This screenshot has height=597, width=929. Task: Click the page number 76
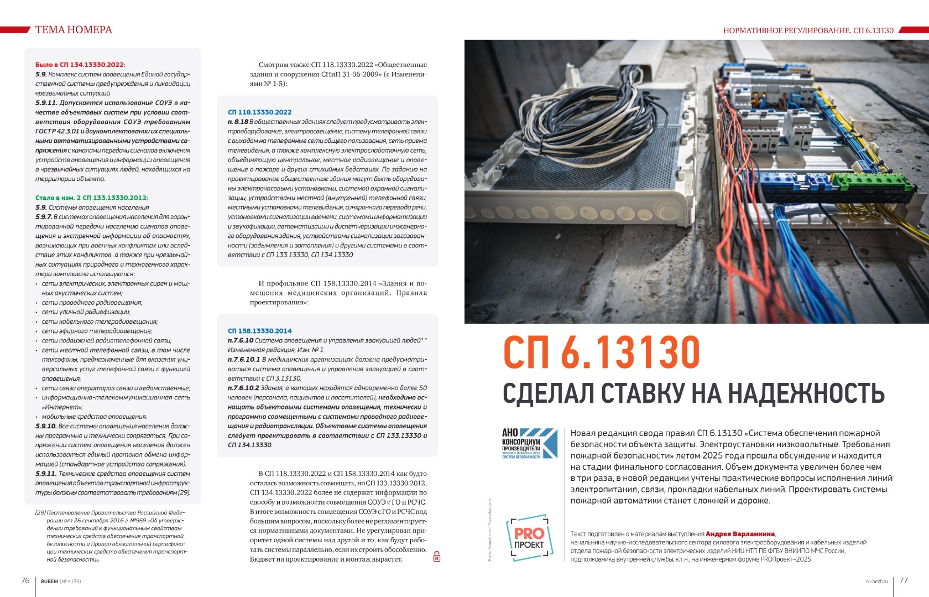pyautogui.click(x=25, y=580)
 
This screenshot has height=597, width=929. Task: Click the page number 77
pyautogui.click(x=904, y=580)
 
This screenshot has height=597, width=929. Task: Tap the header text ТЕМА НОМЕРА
pyautogui.click(x=74, y=30)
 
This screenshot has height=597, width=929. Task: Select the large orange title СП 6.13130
pyautogui.click(x=602, y=352)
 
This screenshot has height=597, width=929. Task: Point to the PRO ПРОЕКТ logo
pyautogui.click(x=529, y=537)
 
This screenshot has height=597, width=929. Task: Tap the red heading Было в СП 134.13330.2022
pyautogui.click(x=80, y=65)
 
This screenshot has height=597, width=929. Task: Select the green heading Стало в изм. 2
pyautogui.click(x=92, y=198)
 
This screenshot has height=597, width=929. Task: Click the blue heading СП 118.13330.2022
pyautogui.click(x=259, y=112)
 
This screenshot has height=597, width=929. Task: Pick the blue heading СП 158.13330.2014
pyautogui.click(x=259, y=331)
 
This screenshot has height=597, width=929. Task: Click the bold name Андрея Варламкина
pyautogui.click(x=740, y=534)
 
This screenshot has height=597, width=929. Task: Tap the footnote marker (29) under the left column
pyautogui.click(x=40, y=512)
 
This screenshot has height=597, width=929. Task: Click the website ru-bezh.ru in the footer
pyautogui.click(x=876, y=582)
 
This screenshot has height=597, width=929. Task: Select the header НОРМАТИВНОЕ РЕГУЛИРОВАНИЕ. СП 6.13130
pyautogui.click(x=808, y=30)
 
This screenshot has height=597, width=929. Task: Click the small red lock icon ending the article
pyautogui.click(x=436, y=557)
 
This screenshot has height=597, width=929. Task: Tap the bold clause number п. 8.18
pyautogui.click(x=238, y=122)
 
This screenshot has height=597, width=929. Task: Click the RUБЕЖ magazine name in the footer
pyautogui.click(x=49, y=582)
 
